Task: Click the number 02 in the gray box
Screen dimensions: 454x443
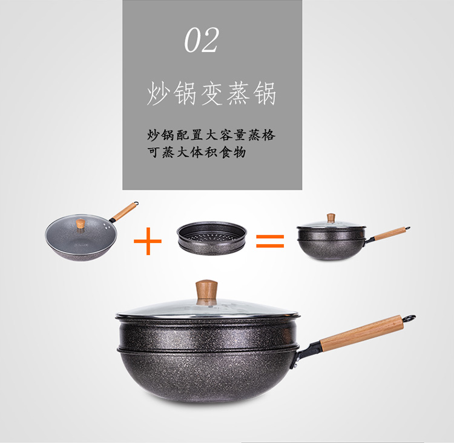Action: (202, 40)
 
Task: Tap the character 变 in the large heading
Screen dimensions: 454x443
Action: (211, 93)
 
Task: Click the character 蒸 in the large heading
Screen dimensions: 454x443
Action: (238, 93)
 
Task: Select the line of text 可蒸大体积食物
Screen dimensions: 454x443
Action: (197, 152)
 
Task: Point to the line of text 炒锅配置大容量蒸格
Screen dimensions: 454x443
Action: (211, 135)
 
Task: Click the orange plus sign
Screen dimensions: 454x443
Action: (148, 241)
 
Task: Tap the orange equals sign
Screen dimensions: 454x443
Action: (270, 241)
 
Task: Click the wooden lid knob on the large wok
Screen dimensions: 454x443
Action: (206, 291)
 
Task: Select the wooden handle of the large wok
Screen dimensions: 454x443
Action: (361, 333)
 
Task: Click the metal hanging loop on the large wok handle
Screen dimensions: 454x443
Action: (409, 318)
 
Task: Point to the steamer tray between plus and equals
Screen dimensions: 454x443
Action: (212, 238)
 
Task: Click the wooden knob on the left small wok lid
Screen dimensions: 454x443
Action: (81, 224)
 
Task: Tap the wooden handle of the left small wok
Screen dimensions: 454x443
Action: (124, 212)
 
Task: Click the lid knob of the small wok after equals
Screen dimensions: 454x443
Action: (331, 218)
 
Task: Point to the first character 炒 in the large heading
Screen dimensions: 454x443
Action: (158, 93)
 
